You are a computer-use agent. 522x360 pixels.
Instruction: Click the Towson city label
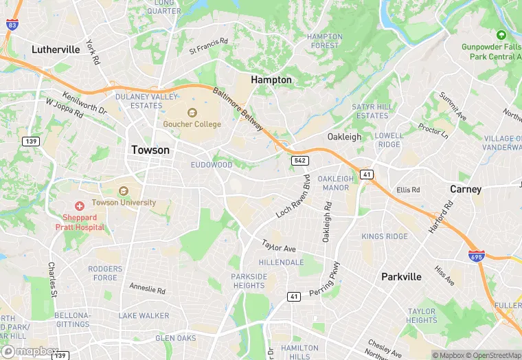tap(150, 150)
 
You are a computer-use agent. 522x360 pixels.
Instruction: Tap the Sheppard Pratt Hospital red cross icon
tap(80, 205)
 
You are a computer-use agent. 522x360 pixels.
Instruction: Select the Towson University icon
tap(124, 191)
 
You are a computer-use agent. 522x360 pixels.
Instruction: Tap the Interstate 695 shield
tap(475, 256)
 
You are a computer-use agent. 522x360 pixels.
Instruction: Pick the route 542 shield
tap(299, 160)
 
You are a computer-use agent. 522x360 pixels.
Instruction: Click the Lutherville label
tap(56, 49)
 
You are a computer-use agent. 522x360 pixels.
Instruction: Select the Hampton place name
tap(271, 80)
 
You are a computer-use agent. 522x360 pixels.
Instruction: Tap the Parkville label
tap(401, 277)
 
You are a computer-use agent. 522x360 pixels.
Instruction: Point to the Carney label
tap(466, 189)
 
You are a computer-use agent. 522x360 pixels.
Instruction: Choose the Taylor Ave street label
tap(279, 245)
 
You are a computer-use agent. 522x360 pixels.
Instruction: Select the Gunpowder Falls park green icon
tap(501, 34)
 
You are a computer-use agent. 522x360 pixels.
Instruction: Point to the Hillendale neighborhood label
tap(281, 262)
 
